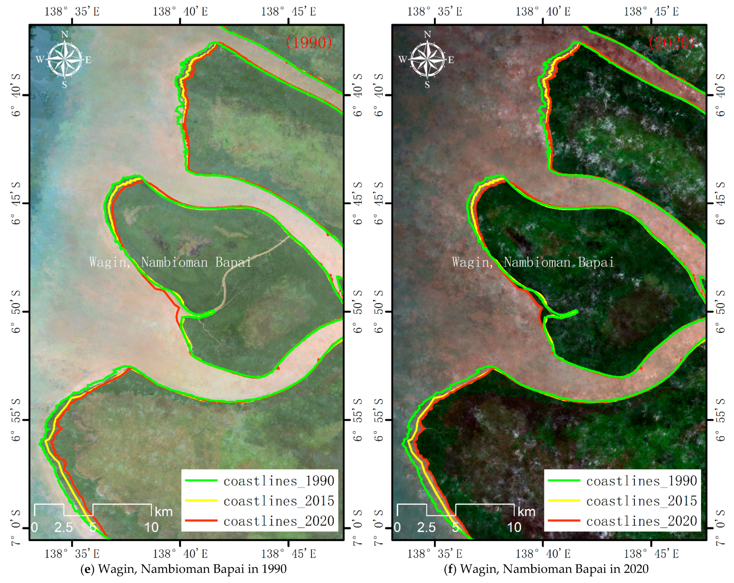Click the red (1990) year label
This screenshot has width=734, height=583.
(308, 43)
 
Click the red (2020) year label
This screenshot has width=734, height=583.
(671, 43)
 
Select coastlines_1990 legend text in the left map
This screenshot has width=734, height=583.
(278, 481)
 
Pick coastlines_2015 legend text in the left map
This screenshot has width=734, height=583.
(278, 501)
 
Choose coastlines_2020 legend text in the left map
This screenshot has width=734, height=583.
(278, 521)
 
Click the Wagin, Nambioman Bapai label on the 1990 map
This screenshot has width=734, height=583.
(170, 262)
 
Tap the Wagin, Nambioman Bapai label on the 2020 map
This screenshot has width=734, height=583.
(533, 262)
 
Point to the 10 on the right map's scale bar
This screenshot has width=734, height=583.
(514, 527)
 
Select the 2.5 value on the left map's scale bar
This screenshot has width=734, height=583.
(64, 527)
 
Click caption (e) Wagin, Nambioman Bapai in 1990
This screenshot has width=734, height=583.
(184, 569)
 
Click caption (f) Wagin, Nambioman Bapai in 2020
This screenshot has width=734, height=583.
(546, 569)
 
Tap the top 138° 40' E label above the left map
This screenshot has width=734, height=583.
(180, 12)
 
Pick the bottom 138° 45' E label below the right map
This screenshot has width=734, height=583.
(651, 554)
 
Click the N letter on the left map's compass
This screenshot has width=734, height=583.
(65, 34)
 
